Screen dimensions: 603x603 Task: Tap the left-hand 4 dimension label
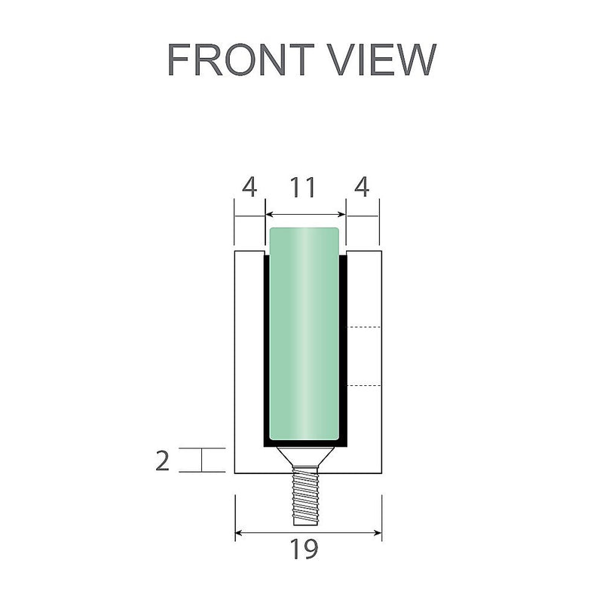[x=249, y=188]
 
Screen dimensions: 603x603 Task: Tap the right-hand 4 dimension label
[x=361, y=188]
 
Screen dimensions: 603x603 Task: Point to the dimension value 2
[x=162, y=460]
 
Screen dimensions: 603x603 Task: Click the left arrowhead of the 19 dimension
[x=240, y=533]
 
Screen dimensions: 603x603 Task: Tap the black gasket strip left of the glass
[x=266, y=347]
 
